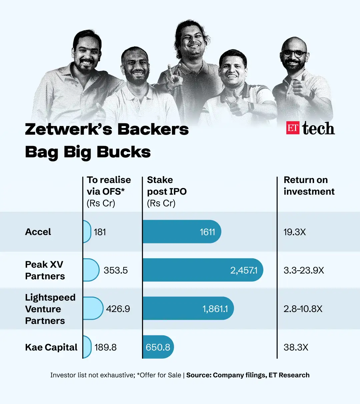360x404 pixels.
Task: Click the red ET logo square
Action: pos(293,128)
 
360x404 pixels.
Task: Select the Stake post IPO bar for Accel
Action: pos(182,232)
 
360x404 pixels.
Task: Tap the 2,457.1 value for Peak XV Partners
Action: pos(244,270)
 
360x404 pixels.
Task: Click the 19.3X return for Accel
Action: pos(295,232)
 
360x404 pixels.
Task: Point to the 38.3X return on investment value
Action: pos(296,347)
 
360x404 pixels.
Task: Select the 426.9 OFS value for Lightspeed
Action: pos(118,309)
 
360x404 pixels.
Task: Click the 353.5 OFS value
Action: pos(115,270)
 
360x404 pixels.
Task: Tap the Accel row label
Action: pos(38,232)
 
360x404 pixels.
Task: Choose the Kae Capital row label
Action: pos(51,347)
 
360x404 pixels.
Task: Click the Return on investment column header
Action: pos(309,186)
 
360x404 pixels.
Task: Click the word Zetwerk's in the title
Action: pos(69,129)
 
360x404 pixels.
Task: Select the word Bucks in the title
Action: pos(124,152)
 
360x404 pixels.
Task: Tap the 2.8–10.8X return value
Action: pos(303,309)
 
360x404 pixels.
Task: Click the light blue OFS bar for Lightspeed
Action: pos(93,308)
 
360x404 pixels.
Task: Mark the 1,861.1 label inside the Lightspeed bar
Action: pos(215,309)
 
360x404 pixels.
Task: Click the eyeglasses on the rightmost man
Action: pos(294,53)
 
